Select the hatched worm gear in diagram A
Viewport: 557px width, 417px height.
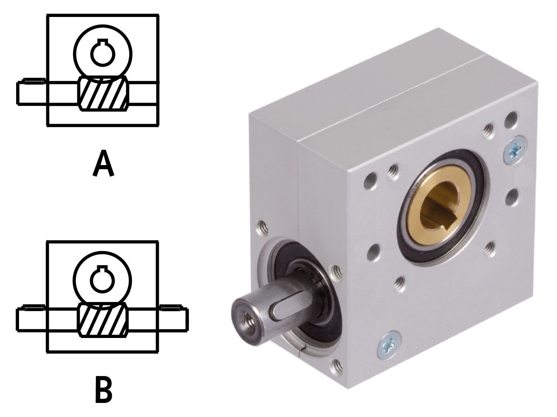[x=103, y=93]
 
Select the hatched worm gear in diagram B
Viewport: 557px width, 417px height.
[x=103, y=320]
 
